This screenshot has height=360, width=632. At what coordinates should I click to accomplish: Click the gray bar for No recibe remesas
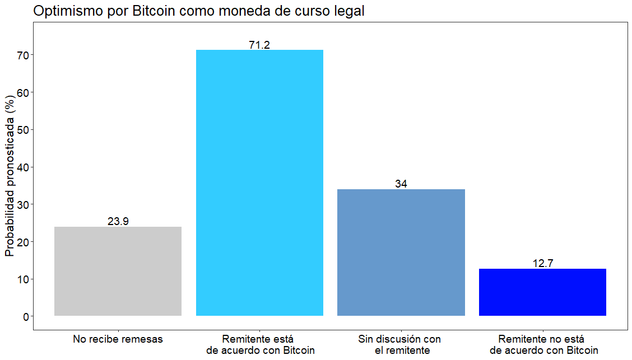click(118, 271)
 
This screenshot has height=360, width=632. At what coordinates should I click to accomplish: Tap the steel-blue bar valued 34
click(401, 253)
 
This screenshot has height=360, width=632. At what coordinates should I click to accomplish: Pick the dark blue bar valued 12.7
click(542, 292)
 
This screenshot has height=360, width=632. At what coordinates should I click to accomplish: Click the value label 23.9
click(118, 222)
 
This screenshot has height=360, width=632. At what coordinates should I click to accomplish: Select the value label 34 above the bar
click(401, 184)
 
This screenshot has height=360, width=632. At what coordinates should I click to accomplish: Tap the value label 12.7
click(542, 264)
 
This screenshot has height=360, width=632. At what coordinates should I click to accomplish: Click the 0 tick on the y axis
click(26, 316)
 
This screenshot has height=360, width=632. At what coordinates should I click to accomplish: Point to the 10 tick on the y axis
click(23, 279)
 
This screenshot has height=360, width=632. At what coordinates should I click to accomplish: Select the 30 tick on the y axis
click(23, 204)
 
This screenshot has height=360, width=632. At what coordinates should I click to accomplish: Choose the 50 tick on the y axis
click(23, 129)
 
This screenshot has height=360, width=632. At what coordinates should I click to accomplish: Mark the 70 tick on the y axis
click(23, 55)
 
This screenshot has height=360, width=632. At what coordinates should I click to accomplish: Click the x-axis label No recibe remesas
click(118, 339)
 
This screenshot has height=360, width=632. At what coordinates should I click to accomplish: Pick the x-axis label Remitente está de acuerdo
click(259, 345)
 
